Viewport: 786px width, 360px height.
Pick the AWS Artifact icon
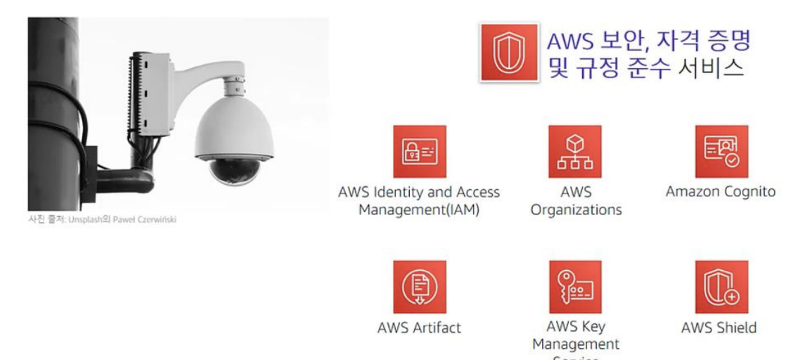pos(419,287)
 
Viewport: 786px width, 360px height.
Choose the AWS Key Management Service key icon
pos(575,287)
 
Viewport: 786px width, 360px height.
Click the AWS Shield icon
pos(721,287)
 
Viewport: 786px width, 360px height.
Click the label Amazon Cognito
pos(721,191)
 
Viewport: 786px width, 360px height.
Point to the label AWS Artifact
pos(419,328)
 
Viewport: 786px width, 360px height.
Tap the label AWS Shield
pos(719,328)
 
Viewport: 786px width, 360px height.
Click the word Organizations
pos(576,210)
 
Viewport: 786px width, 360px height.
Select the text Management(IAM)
pos(419,210)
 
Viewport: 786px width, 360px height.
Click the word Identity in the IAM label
pos(400,192)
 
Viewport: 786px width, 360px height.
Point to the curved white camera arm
pos(211,73)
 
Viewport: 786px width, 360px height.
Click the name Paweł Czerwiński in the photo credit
pos(150,219)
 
